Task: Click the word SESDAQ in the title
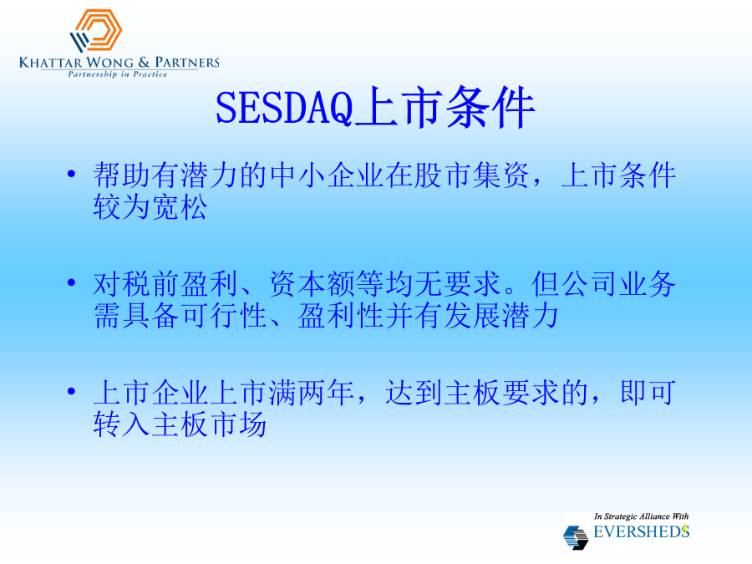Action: point(284,108)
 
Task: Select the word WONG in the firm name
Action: point(109,63)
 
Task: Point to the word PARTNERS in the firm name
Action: point(187,63)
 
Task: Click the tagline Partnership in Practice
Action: point(118,74)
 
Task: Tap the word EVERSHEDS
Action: point(641,531)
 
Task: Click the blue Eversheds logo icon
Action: point(575,537)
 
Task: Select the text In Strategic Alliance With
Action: point(641,516)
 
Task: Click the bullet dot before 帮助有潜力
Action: point(72,174)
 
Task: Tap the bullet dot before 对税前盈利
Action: point(72,282)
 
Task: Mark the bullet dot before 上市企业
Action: point(72,391)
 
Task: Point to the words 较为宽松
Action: point(150,207)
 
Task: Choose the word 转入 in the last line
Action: point(122,424)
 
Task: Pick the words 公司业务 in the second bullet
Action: point(618,283)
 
